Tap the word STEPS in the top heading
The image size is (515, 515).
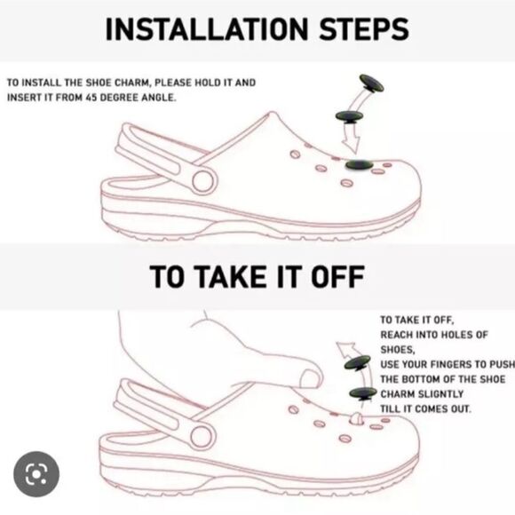(364, 29)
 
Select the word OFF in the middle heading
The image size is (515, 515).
(337, 276)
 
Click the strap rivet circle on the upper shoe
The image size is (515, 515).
(203, 181)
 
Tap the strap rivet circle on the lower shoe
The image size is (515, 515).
(202, 436)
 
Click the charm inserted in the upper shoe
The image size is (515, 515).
(360, 164)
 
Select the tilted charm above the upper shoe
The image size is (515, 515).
(371, 83)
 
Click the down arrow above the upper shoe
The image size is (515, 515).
(352, 139)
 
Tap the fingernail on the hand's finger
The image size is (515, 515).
(310, 378)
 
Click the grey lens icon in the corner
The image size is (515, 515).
(36, 474)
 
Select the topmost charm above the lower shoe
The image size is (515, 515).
(357, 362)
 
